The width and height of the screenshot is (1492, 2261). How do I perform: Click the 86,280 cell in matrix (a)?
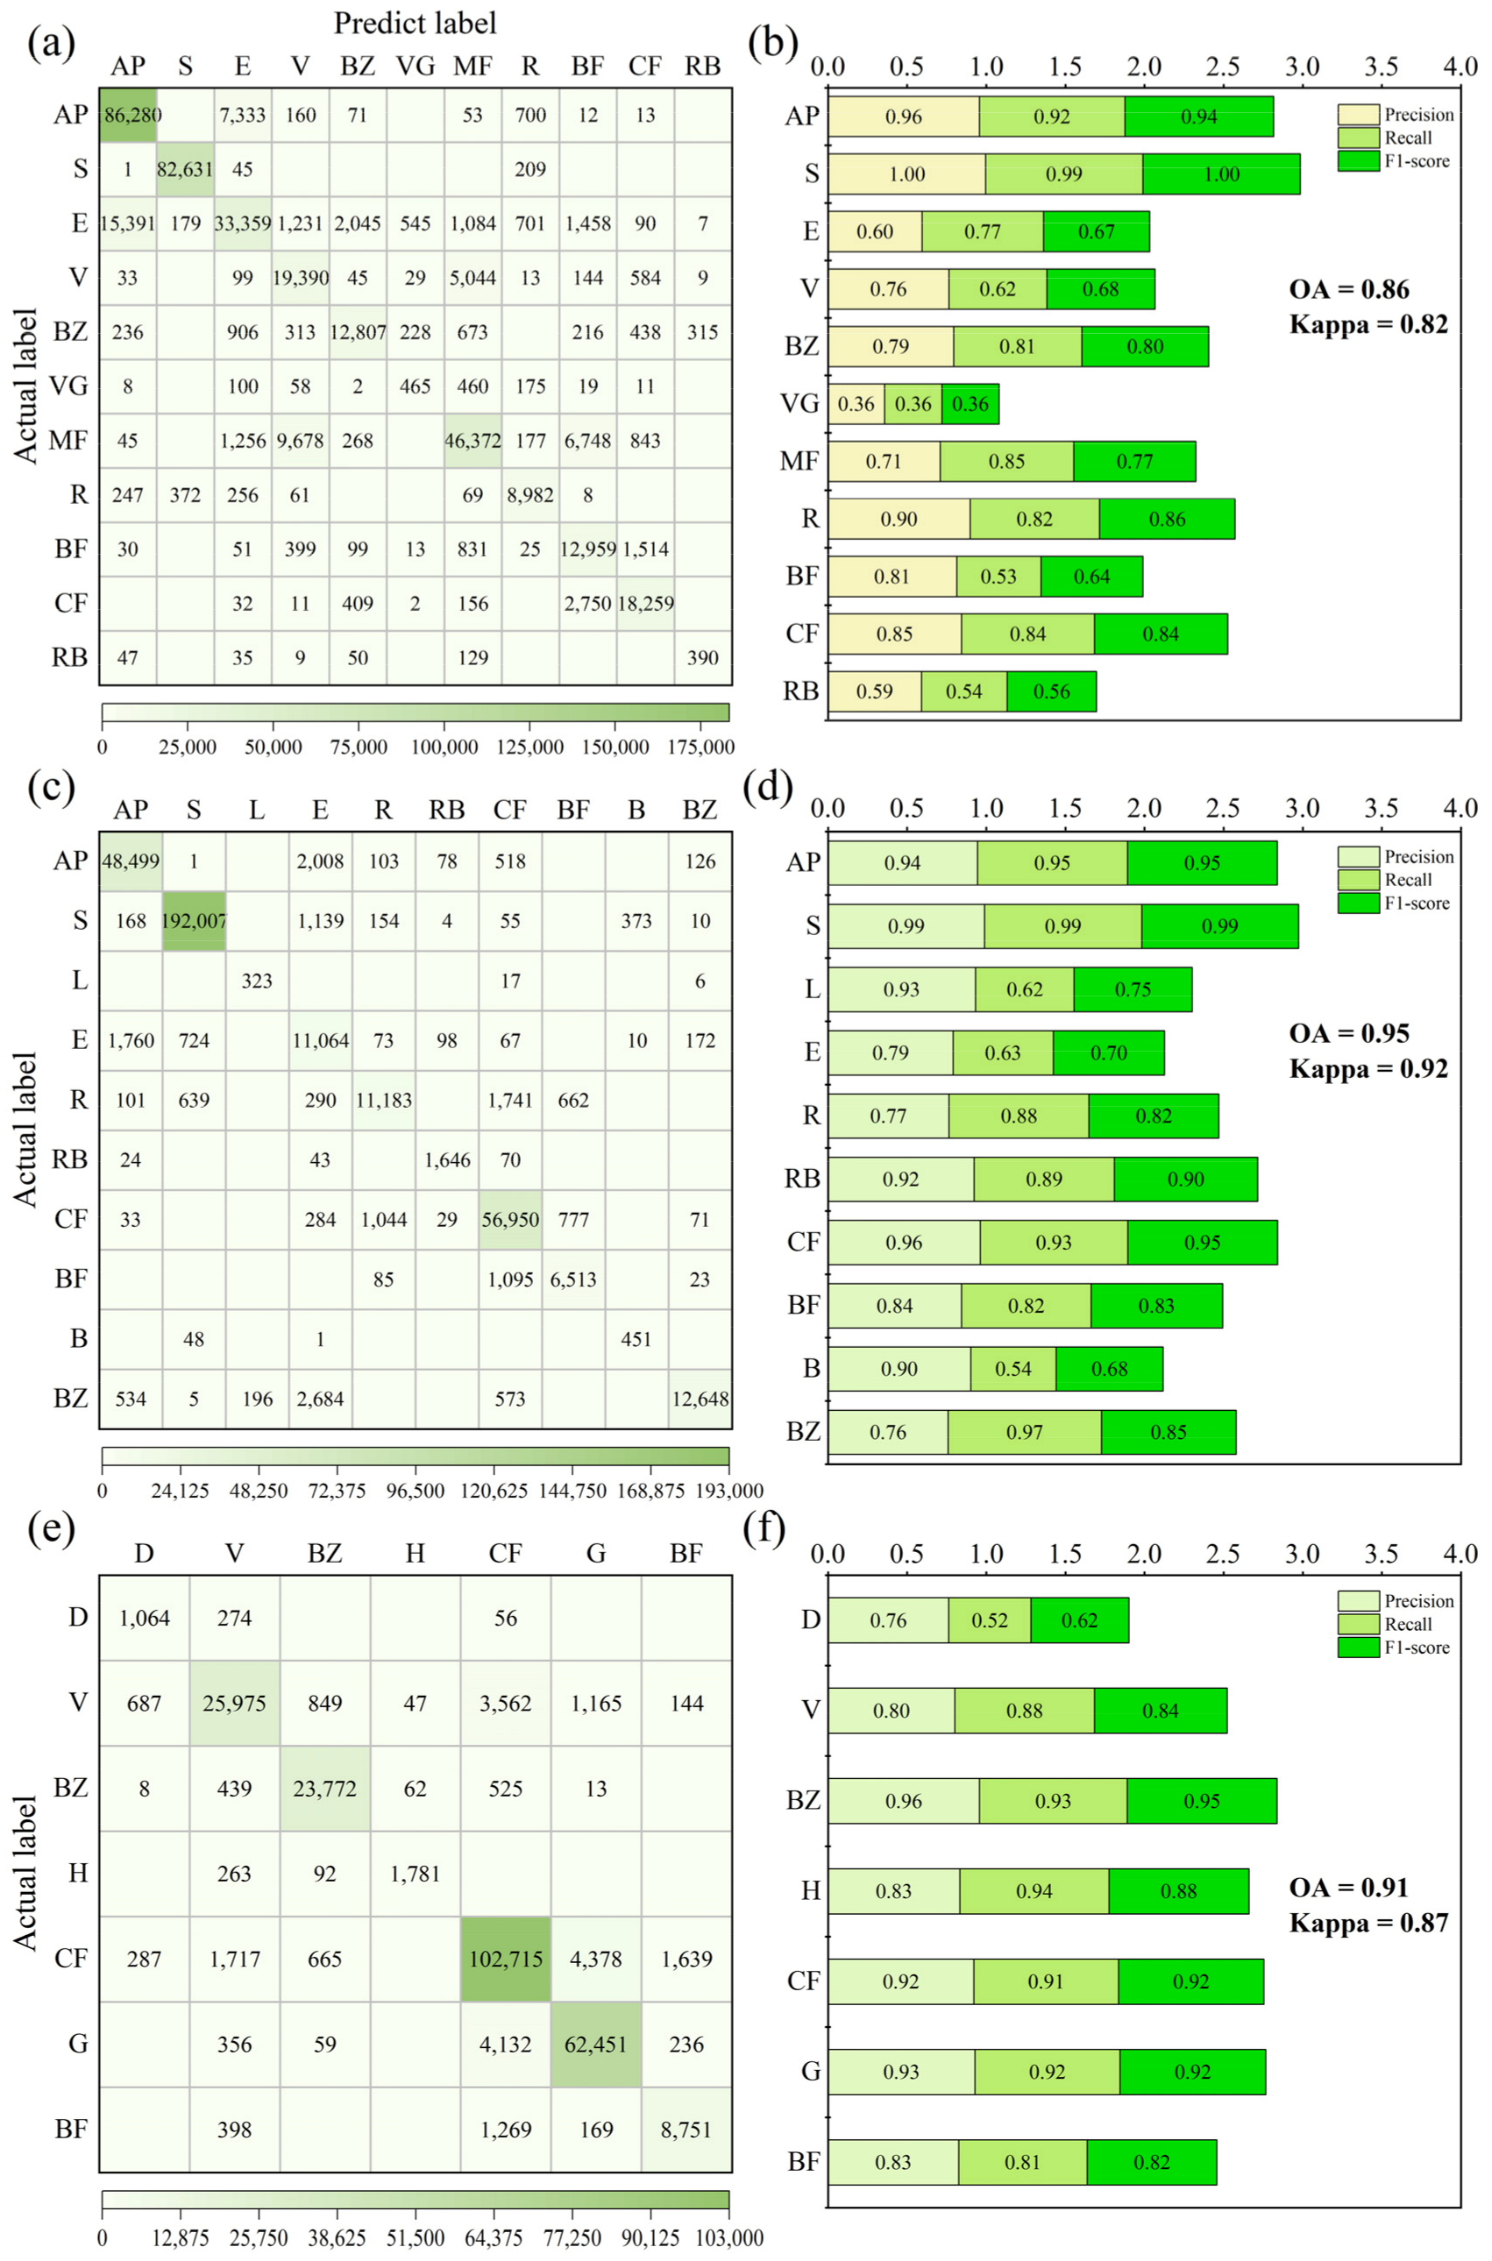[x=129, y=115]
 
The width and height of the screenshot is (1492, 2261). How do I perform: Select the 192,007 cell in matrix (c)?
[x=194, y=921]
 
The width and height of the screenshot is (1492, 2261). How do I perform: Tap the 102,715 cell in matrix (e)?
[x=505, y=1960]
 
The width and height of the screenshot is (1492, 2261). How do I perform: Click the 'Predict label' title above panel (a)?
[x=415, y=23]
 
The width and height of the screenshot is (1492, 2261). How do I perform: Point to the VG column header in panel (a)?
[x=415, y=66]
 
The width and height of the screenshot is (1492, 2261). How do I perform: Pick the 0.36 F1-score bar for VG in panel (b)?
[x=970, y=404]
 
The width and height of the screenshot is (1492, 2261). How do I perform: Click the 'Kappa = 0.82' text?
[x=1368, y=324]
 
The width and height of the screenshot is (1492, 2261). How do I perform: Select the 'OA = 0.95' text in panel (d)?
[x=1349, y=1033]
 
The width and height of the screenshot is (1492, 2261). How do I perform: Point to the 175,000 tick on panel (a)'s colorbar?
[x=701, y=748]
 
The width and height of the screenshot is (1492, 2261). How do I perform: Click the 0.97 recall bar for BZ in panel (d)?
[x=1024, y=1432]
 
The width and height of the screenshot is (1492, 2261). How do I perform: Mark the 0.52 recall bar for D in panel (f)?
[x=990, y=1620]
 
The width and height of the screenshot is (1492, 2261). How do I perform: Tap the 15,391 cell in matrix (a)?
[x=126, y=223]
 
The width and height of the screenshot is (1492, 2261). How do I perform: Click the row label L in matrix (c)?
[x=79, y=981]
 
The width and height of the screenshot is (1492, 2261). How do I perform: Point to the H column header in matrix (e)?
[x=415, y=1553]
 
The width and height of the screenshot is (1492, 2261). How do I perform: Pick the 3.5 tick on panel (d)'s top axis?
[x=1381, y=809]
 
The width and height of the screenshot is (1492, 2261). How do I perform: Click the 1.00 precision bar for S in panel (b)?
[x=906, y=174]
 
